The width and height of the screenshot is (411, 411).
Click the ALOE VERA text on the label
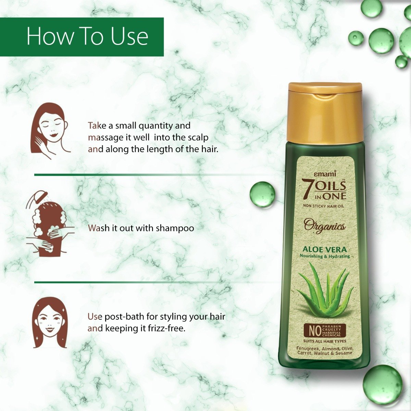coord(325,250)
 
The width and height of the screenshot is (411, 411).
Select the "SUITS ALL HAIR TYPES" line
coord(325,341)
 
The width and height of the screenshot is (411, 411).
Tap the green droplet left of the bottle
coord(262,194)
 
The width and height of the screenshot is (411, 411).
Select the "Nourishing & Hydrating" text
coord(325,256)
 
